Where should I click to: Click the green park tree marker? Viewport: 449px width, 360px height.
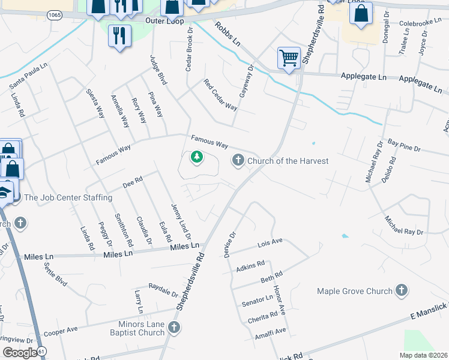pyautogui.click(x=196, y=158)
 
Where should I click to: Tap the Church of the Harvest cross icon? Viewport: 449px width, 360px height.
pyautogui.click(x=238, y=160)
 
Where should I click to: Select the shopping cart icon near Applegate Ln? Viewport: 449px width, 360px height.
pyautogui.click(x=289, y=59)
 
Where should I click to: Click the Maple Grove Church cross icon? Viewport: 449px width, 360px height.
pyautogui.click(x=402, y=291)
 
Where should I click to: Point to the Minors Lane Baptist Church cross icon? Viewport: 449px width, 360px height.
pyautogui.click(x=174, y=328)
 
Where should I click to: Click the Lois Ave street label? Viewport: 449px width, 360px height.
pyautogui.click(x=270, y=242)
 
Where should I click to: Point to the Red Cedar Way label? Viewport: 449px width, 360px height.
pyautogui.click(x=220, y=95)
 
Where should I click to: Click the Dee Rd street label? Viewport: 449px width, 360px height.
pyautogui.click(x=131, y=179)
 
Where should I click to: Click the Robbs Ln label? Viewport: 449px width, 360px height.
pyautogui.click(x=228, y=35)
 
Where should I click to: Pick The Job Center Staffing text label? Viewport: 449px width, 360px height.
pyautogui.click(x=68, y=197)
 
